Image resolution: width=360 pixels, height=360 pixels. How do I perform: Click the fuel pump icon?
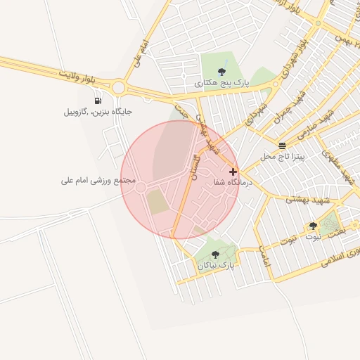pos(98,101)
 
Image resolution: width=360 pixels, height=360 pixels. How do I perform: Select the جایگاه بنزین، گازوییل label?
pos(98,112)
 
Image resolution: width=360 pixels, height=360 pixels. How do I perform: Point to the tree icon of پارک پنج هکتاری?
pos(222,71)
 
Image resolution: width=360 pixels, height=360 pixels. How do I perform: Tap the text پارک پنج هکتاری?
pos(222,83)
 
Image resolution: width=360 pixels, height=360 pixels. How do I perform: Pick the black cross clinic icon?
pos(233,172)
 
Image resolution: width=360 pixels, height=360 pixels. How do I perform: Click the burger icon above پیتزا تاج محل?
pos(282,146)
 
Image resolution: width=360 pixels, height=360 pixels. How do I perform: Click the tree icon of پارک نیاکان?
pos(215,255)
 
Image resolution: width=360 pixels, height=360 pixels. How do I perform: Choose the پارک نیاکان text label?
pos(215,265)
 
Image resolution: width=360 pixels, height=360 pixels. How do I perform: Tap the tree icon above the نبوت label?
pos(313,226)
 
